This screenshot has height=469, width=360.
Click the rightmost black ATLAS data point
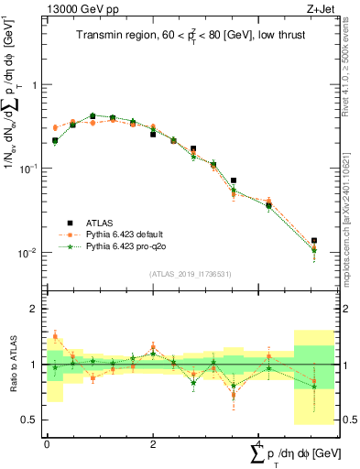point(314,241)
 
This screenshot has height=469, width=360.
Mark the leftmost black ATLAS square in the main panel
point(55,141)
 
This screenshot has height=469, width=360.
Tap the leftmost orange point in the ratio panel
point(55,336)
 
